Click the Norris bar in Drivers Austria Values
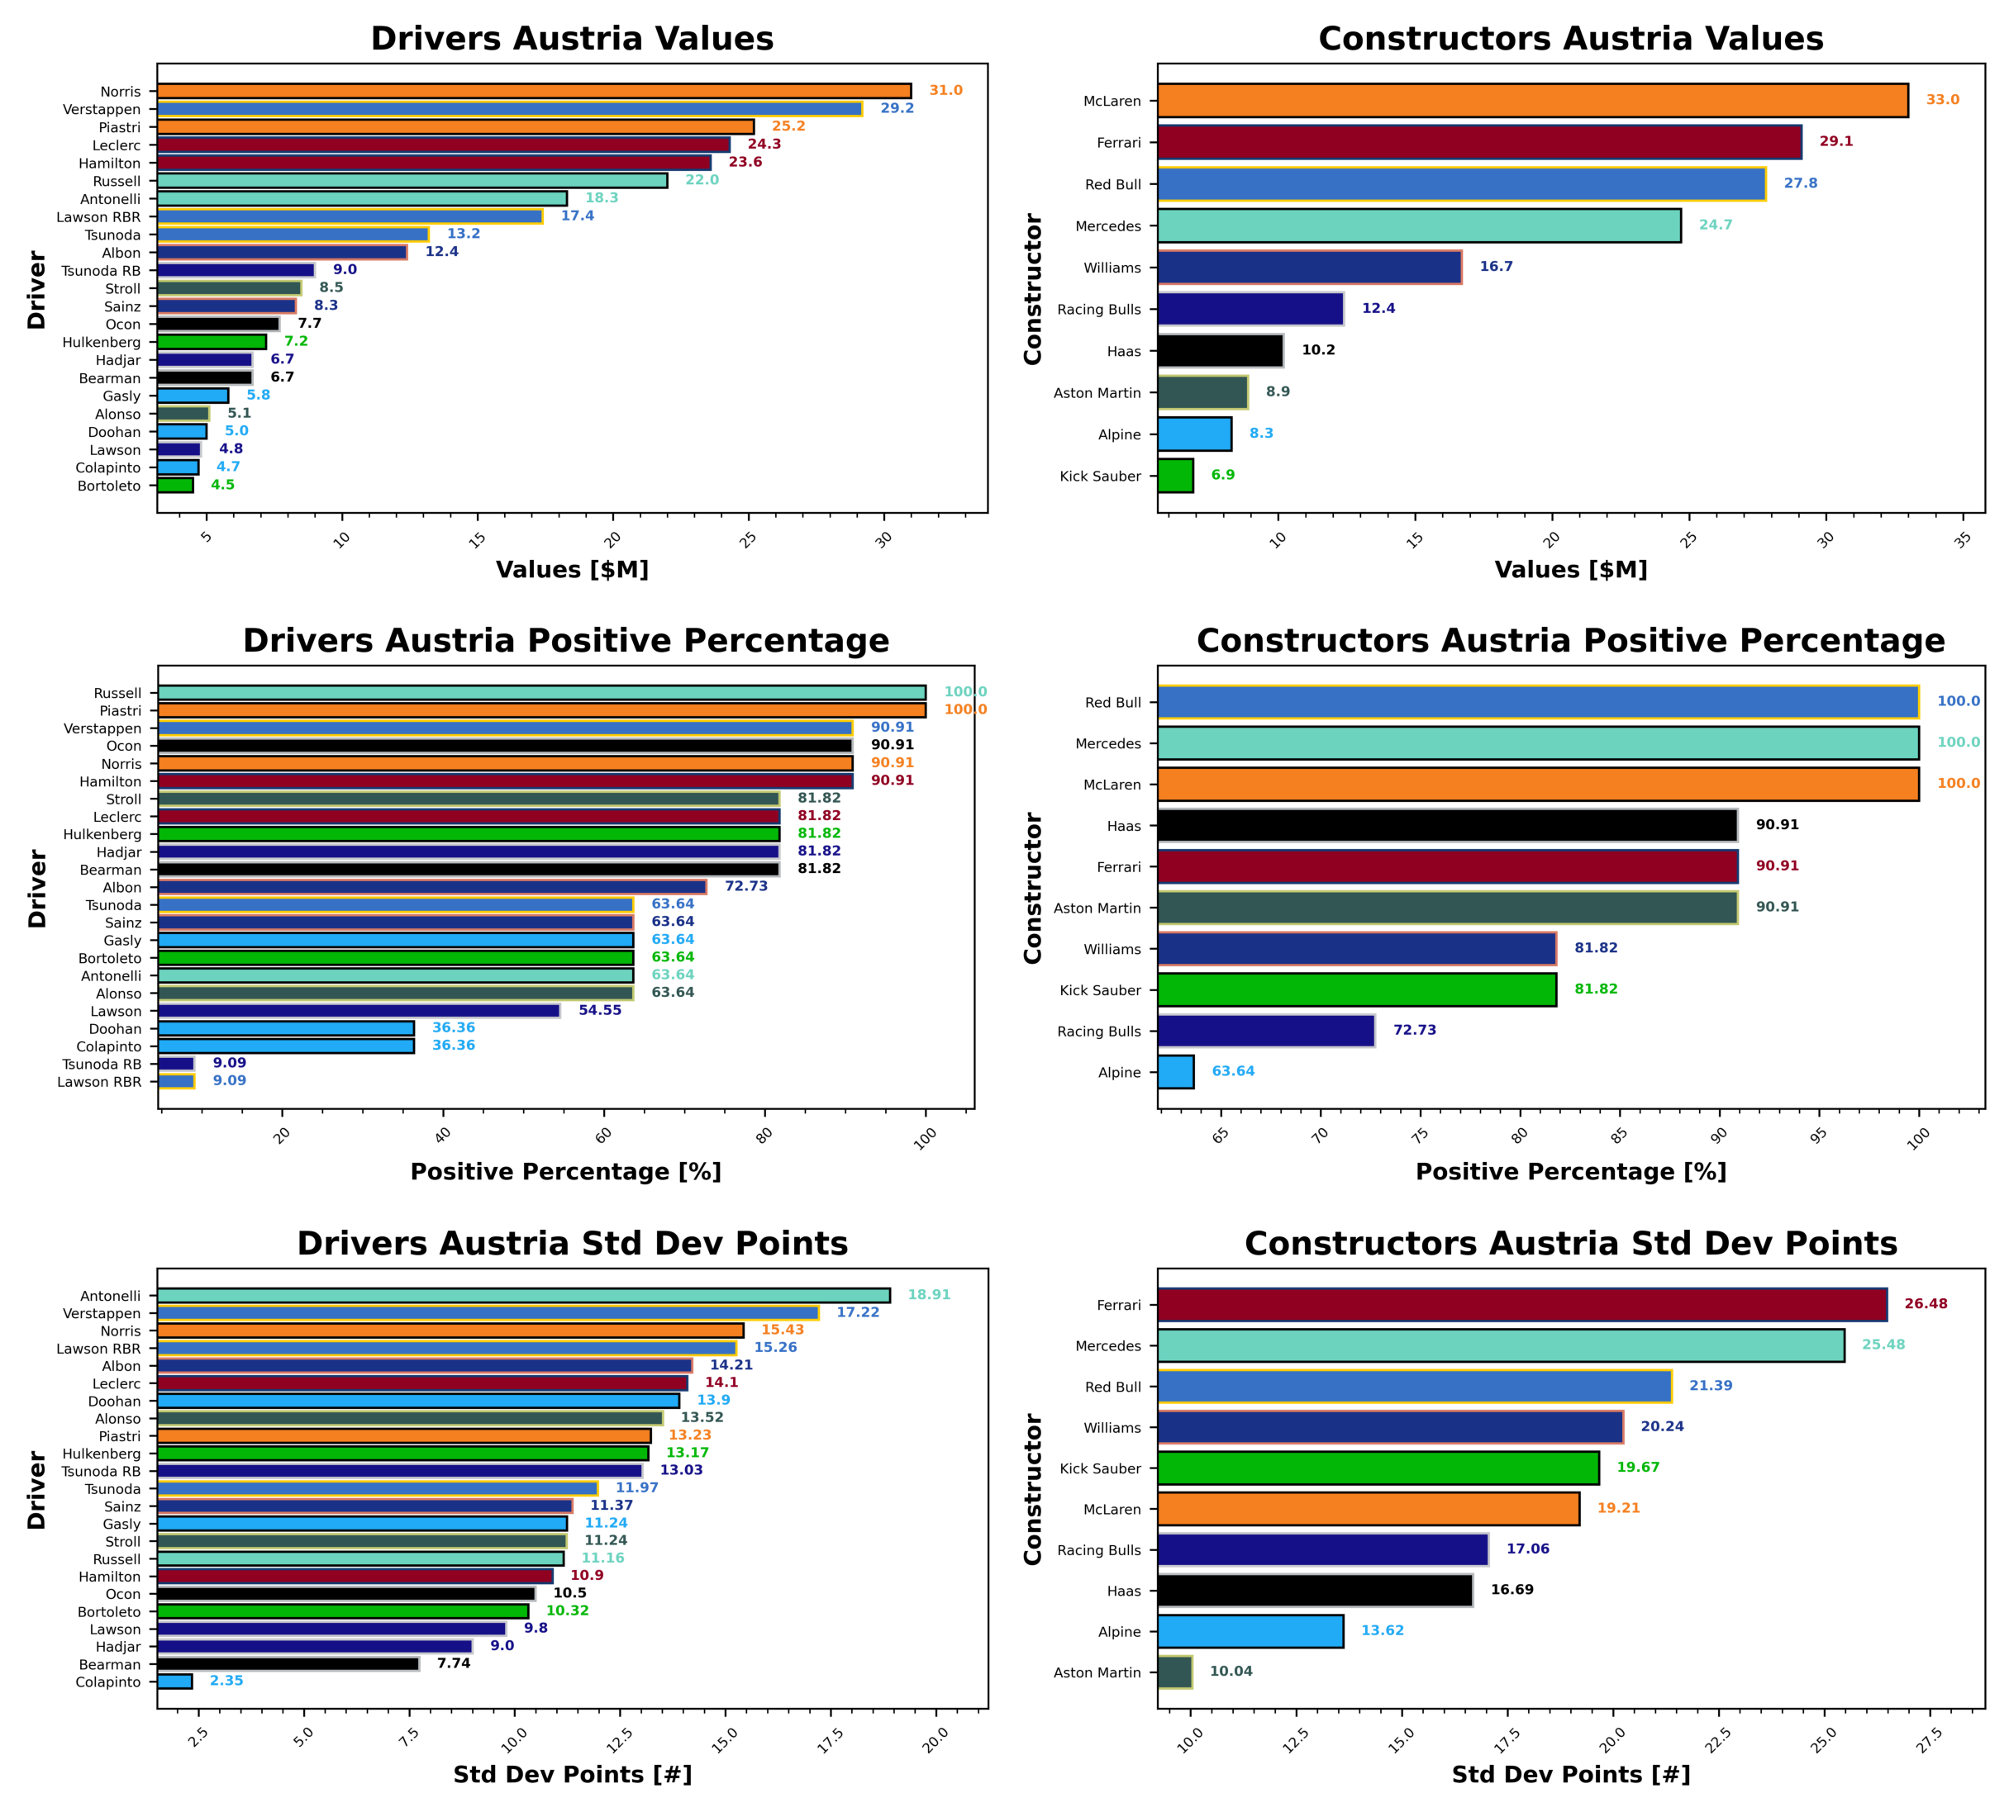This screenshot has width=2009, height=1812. tap(534, 91)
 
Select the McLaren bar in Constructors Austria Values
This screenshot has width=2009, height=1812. tap(1532, 101)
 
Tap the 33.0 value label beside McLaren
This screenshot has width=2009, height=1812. tap(1942, 100)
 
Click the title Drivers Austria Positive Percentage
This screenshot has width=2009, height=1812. tap(566, 640)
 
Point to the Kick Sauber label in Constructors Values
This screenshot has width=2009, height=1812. tap(1100, 476)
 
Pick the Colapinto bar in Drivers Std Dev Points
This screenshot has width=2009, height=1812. tap(174, 1682)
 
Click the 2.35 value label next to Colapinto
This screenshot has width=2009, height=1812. tap(226, 1681)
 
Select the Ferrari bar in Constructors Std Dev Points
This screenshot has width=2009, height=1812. tap(1522, 1304)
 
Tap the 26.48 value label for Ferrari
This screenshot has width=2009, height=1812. tap(1926, 1303)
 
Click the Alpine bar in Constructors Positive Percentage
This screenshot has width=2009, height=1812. tap(1175, 1072)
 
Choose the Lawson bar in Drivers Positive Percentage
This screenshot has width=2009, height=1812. tap(359, 1011)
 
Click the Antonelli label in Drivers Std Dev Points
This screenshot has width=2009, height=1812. tap(111, 1297)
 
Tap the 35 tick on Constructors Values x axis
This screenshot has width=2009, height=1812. tap(1961, 541)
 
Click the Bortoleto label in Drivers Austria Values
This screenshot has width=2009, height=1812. tap(110, 486)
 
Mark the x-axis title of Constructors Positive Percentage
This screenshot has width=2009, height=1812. tap(1571, 1172)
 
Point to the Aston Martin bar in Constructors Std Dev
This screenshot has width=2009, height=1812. tap(1174, 1672)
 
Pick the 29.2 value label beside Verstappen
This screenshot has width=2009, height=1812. tap(897, 107)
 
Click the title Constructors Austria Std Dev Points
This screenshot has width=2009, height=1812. tap(1571, 1244)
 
